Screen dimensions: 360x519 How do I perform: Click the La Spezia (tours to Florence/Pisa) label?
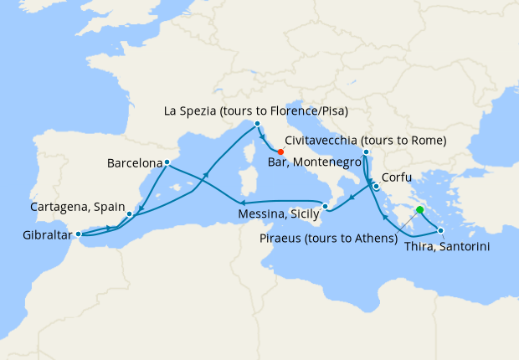pyautogui.click(x=256, y=111)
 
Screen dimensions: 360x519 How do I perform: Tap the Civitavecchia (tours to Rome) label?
pyautogui.click(x=365, y=140)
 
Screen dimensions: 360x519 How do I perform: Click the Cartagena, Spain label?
pyautogui.click(x=77, y=206)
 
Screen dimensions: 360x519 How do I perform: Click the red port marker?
pyautogui.click(x=280, y=152)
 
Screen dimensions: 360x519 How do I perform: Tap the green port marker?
pyautogui.click(x=419, y=210)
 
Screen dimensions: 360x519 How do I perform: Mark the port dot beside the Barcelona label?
pyautogui.click(x=168, y=162)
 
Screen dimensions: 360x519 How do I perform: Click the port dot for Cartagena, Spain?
pyautogui.click(x=129, y=213)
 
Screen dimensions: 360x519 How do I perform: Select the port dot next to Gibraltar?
pyautogui.click(x=78, y=234)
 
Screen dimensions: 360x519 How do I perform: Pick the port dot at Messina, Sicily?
pyautogui.click(x=326, y=207)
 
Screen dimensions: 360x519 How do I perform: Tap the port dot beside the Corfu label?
pyautogui.click(x=377, y=187)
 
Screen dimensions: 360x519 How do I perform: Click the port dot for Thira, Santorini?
pyautogui.click(x=441, y=229)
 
